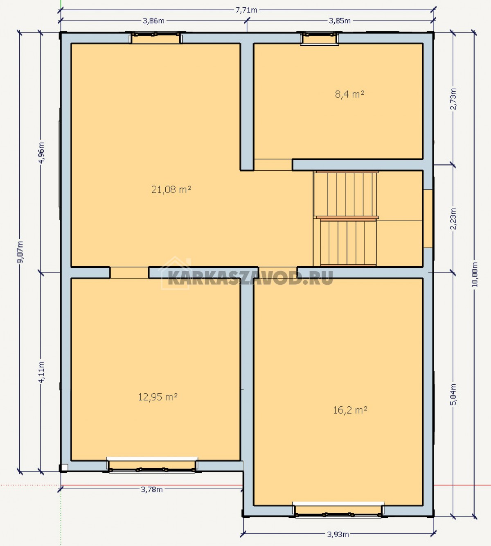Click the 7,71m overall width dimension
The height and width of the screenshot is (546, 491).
[246, 10]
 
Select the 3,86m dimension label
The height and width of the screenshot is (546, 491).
[153, 21]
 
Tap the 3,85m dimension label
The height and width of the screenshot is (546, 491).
[340, 21]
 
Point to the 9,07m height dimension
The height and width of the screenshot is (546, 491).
[20, 252]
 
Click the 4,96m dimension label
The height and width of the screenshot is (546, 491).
[41, 153]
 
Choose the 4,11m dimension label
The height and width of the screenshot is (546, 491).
[41, 372]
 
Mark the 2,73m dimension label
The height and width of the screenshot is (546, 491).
[453, 99]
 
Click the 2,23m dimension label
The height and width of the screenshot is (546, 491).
[453, 219]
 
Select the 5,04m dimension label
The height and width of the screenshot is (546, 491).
[453, 394]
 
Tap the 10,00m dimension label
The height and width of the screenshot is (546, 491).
[475, 274]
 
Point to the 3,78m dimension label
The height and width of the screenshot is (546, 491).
[152, 489]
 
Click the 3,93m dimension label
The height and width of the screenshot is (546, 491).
[338, 534]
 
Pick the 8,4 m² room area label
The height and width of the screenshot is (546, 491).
[349, 94]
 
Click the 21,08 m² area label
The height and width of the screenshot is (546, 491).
[171, 189]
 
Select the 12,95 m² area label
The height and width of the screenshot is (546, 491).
[158, 397]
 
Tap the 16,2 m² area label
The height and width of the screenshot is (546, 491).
[350, 410]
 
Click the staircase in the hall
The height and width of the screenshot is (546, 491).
[345, 219]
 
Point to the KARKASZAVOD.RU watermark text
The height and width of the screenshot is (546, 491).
[250, 278]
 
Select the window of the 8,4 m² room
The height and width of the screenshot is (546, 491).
[319, 39]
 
